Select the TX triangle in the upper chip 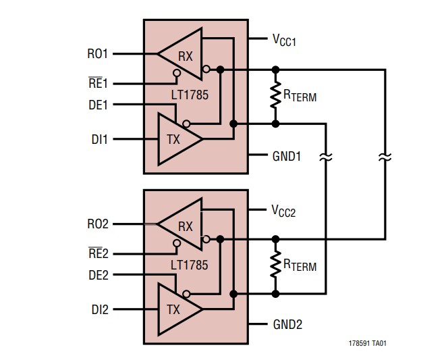177,139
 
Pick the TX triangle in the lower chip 177,310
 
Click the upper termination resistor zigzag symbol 275,97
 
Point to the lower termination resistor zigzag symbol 275,266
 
